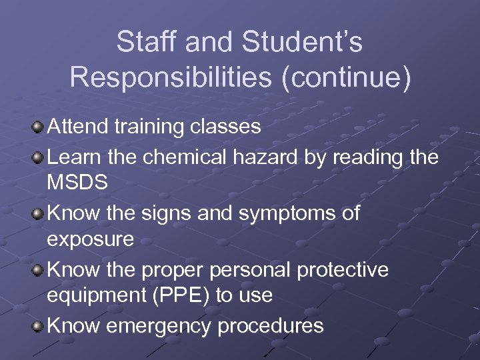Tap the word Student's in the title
(303, 43)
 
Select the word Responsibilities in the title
(171, 77)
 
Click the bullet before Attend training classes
(39, 127)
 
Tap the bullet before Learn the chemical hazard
(39, 157)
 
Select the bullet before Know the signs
(39, 214)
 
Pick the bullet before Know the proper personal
(39, 270)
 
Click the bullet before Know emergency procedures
(39, 326)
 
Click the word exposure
(90, 239)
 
